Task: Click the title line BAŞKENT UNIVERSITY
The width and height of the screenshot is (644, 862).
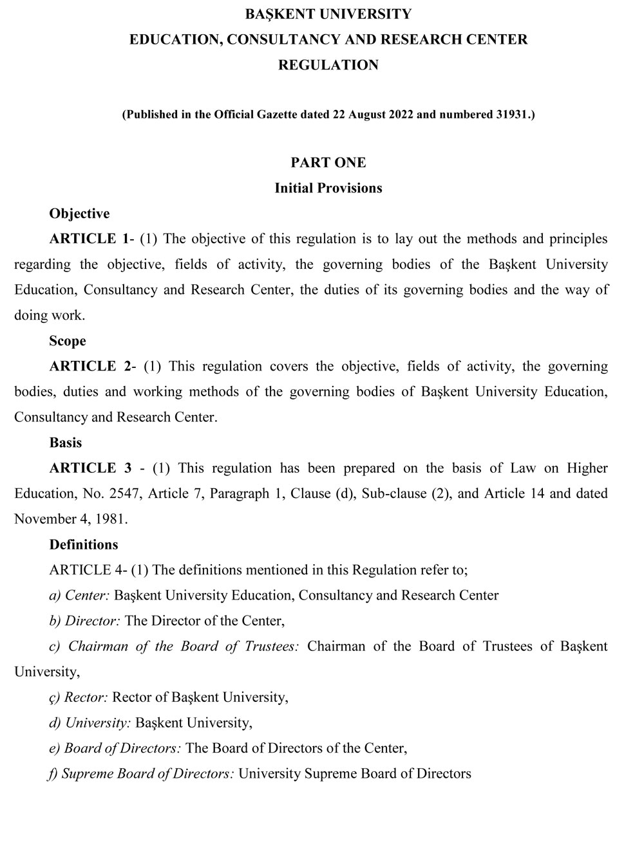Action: pos(328,14)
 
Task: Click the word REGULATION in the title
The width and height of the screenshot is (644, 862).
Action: pos(328,65)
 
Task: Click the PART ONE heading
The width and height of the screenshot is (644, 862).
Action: pos(328,163)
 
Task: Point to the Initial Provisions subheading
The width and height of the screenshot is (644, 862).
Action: pos(328,188)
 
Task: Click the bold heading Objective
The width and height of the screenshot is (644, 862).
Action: pos(79,214)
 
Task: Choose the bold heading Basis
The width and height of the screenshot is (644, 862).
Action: pos(66,443)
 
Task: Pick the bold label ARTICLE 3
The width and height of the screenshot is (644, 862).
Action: pos(91,468)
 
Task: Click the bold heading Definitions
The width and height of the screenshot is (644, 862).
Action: pos(84,545)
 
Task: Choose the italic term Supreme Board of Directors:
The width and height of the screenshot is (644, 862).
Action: pos(148,774)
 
